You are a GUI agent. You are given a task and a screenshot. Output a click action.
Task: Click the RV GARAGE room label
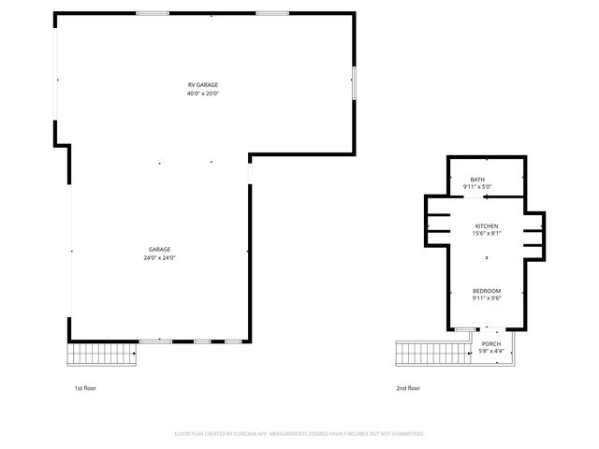point(203,85)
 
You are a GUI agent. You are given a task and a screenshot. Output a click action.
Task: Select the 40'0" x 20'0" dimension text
point(203,94)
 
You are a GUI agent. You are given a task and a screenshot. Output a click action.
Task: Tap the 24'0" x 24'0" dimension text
point(159,257)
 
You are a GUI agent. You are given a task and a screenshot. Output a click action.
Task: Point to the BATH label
point(477,180)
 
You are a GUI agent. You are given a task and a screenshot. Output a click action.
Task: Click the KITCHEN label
point(487,225)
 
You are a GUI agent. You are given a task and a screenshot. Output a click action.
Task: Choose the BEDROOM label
point(487,291)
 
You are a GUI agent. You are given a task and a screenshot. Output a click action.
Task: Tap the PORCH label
point(490,344)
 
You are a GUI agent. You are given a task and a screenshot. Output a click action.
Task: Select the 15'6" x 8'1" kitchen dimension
point(487,233)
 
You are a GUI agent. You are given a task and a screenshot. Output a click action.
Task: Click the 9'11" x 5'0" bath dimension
point(477,187)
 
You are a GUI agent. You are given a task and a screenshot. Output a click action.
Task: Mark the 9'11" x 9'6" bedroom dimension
point(487,298)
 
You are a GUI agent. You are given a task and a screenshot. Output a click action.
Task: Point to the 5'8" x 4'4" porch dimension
point(490,352)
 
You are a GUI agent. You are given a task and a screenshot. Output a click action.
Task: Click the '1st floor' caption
point(85,387)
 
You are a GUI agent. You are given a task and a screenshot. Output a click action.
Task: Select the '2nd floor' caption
point(408,387)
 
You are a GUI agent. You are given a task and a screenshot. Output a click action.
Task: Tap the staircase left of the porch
point(431,354)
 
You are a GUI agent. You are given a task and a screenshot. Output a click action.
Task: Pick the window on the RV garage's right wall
point(354,83)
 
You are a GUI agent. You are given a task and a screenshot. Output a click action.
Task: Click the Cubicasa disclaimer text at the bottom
point(299,434)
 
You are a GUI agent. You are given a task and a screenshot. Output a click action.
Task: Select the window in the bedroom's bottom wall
point(464,328)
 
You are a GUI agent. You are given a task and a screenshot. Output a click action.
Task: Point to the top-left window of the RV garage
point(153,13)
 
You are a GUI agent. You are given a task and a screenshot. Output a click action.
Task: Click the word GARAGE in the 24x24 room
point(159,250)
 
